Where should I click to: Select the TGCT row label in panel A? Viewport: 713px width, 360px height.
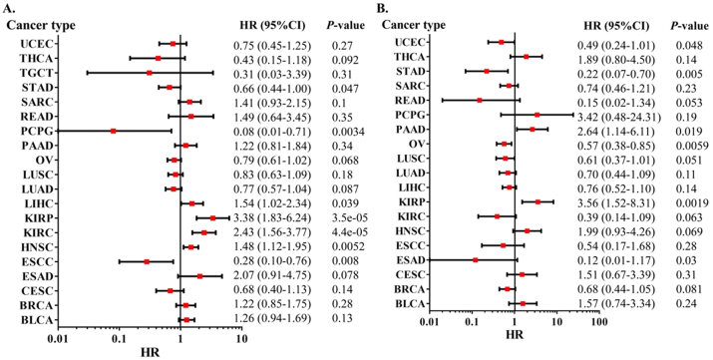(x=36, y=73)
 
